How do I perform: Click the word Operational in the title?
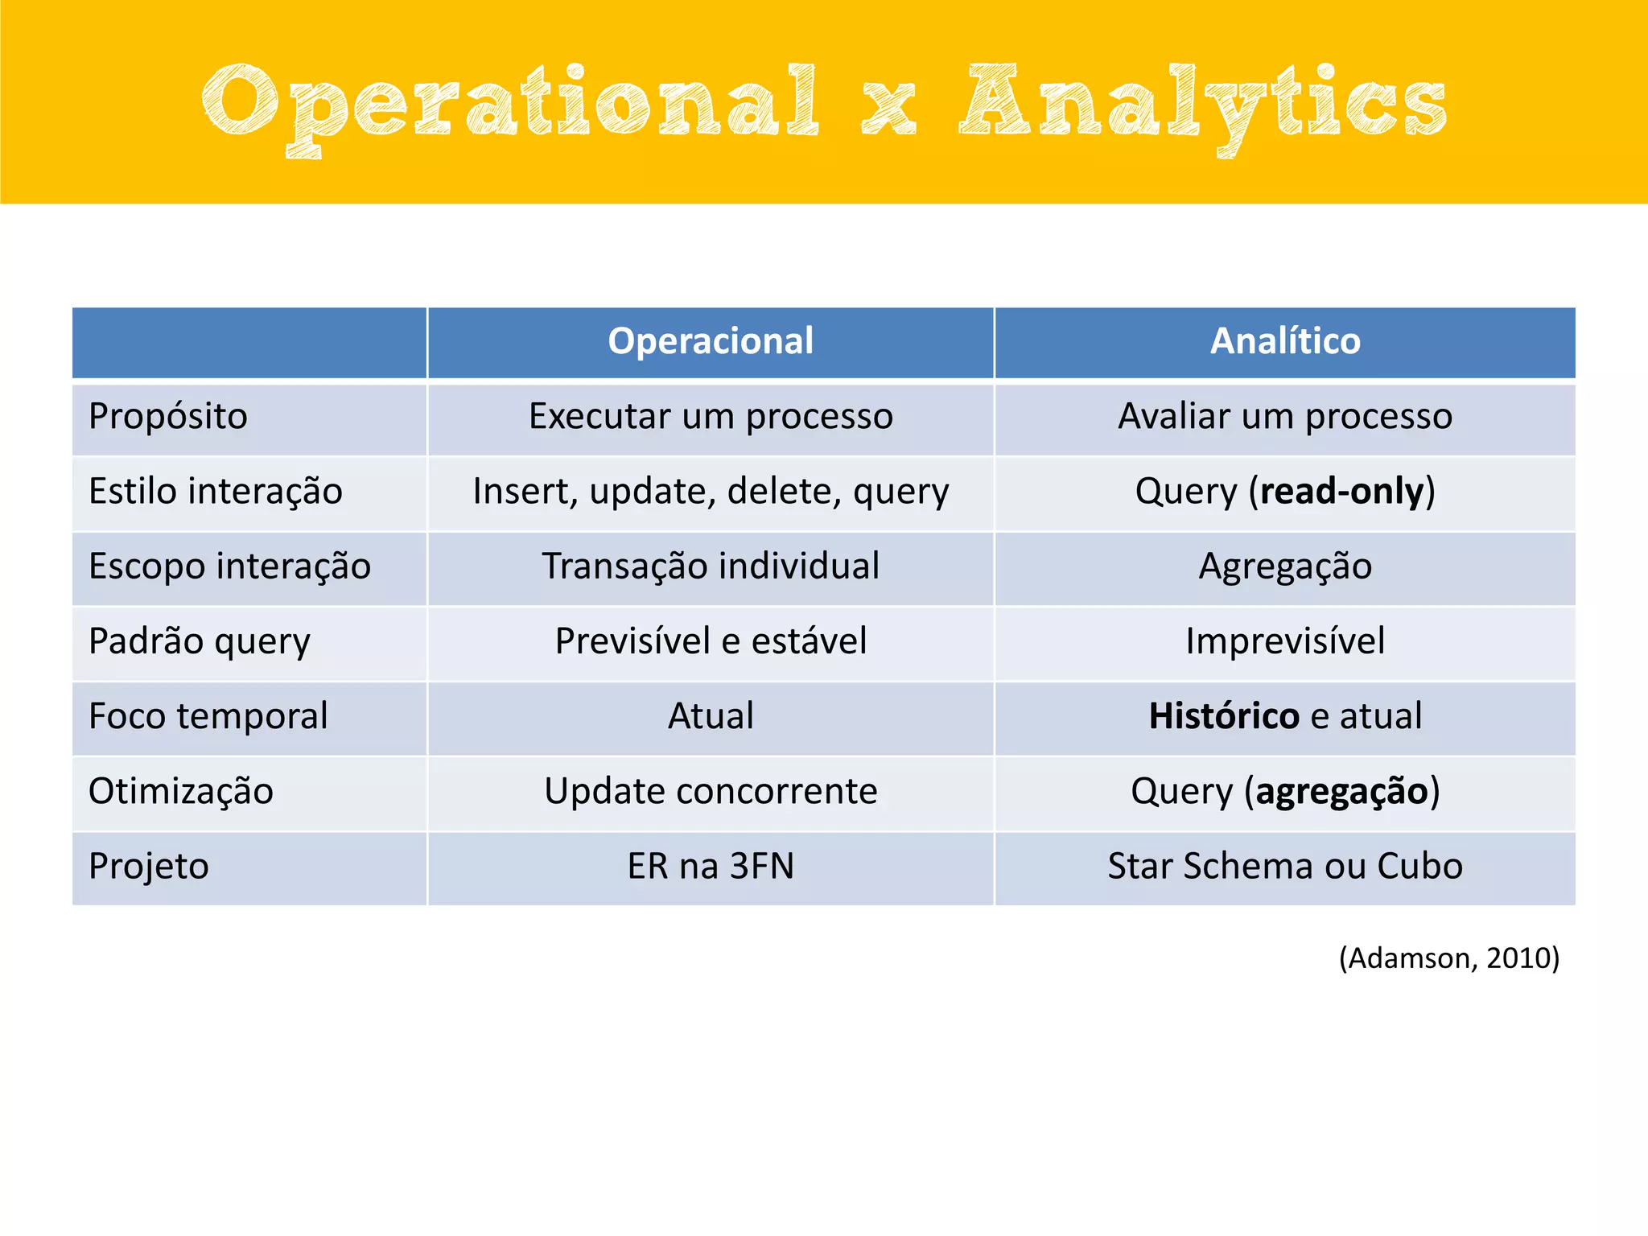510,103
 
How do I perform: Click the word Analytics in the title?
1202,103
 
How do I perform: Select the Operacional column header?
711,341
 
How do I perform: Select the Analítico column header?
1285,341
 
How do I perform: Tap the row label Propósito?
168,417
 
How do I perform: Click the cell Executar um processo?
711,417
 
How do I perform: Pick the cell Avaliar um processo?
1285,417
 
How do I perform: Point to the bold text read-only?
1341,492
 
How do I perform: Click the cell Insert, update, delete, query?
711,492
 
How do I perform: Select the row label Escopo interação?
229,566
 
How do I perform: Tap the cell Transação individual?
711,566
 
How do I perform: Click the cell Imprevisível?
1285,641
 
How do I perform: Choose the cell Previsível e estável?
711,641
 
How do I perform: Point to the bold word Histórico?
1223,716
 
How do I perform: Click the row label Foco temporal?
208,716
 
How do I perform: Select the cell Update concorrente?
711,791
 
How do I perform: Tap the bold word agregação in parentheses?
1341,791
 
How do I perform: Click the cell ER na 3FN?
711,867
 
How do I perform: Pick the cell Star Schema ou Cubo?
1285,867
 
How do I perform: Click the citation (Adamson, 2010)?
1448,958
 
